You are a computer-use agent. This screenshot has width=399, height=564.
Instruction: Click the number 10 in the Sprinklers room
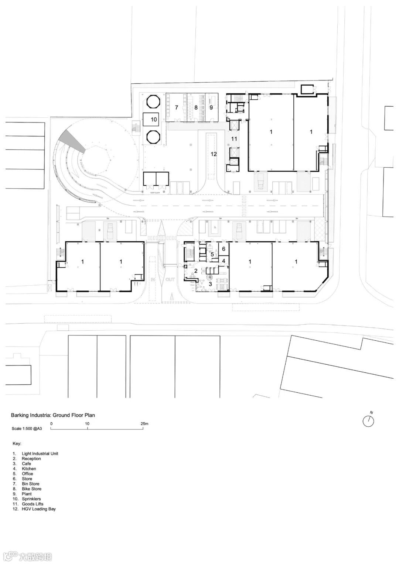pos(154,119)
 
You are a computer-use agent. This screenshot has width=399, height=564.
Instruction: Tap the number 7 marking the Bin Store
pos(177,107)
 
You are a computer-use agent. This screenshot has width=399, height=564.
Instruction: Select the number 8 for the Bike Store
pos(196,107)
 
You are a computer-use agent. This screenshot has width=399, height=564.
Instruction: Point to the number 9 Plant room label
pos(211,107)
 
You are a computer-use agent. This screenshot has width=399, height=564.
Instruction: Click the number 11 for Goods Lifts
pos(234,138)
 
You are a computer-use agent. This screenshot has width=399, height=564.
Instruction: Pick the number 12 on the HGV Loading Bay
pos(214,154)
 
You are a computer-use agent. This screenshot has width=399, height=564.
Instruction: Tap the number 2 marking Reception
pos(196,271)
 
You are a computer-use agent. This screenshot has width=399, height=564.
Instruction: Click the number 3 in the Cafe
pos(210,283)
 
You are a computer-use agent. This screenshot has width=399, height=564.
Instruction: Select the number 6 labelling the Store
pos(224,249)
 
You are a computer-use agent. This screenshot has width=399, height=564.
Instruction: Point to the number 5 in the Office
pos(212,254)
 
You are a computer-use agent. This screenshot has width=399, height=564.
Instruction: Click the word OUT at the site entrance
pos(170,279)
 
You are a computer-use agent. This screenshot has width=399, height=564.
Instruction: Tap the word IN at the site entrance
pos(152,279)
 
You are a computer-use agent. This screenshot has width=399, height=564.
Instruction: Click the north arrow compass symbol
pos(368,421)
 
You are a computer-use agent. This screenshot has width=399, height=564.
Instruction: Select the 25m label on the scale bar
pos(144,424)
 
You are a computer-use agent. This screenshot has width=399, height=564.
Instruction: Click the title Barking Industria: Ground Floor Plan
pos(53,415)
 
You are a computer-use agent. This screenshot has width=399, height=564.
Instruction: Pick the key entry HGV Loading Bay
pos(38,509)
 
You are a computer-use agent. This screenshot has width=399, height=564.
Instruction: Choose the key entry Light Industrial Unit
pos(40,453)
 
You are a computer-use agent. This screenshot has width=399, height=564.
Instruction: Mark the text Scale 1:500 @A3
pos(27,429)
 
